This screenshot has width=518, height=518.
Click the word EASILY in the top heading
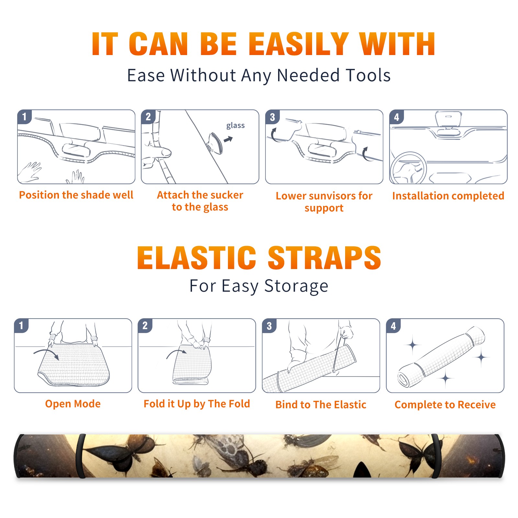click(x=298, y=44)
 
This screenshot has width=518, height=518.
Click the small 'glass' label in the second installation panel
click(x=235, y=126)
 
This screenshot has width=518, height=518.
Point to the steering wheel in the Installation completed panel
click(x=409, y=168)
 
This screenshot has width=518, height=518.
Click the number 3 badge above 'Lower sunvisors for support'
click(x=272, y=117)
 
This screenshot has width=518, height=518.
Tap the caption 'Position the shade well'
click(x=76, y=195)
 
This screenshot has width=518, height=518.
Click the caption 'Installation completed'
click(x=448, y=196)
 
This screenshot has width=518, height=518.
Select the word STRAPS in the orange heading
click(x=324, y=258)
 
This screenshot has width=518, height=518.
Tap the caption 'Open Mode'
click(x=73, y=404)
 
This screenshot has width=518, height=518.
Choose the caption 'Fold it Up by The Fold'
click(x=197, y=404)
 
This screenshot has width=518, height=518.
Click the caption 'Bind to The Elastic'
click(x=321, y=405)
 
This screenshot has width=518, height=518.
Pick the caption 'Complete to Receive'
click(x=445, y=405)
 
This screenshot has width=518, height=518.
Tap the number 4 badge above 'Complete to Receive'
click(x=393, y=326)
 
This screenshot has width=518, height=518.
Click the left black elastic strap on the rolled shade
click(x=81, y=456)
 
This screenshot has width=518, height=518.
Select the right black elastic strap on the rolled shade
click(x=436, y=456)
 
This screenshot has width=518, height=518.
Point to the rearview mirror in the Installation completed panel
click(x=448, y=118)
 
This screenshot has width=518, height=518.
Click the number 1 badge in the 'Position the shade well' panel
click(x=24, y=117)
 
